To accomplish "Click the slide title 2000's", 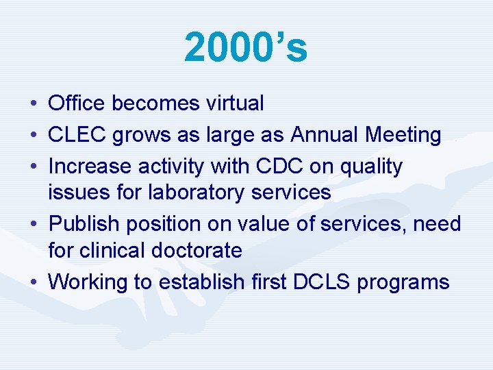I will [246, 48].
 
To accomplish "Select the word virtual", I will [235, 103].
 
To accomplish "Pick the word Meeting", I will [403, 135].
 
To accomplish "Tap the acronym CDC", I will [273, 166].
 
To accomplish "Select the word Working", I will [88, 282].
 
